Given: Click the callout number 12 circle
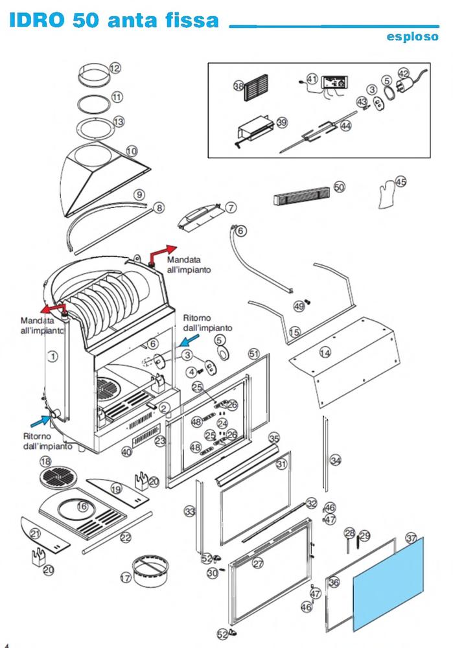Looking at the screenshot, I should point(115,67).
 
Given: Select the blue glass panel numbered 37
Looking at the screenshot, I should point(389,583).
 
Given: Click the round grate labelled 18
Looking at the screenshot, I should point(58,480).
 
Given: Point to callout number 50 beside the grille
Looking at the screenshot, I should point(339,187).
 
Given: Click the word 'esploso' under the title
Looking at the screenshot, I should point(412,37).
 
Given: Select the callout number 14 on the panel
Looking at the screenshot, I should point(325,353).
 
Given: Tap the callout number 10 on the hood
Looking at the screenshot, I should point(132,151).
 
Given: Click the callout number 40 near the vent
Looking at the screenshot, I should point(126,452).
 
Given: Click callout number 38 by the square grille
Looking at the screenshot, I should point(238,86).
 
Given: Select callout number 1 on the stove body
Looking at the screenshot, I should point(53,355).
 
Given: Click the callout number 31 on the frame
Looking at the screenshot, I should point(281,464).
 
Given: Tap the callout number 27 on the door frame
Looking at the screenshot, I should point(258,564).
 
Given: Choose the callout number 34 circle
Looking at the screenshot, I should point(335,460).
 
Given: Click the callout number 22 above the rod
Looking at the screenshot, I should point(126,537).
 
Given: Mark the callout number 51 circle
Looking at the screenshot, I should point(254,353).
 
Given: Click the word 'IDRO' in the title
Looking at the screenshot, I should point(37,21).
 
